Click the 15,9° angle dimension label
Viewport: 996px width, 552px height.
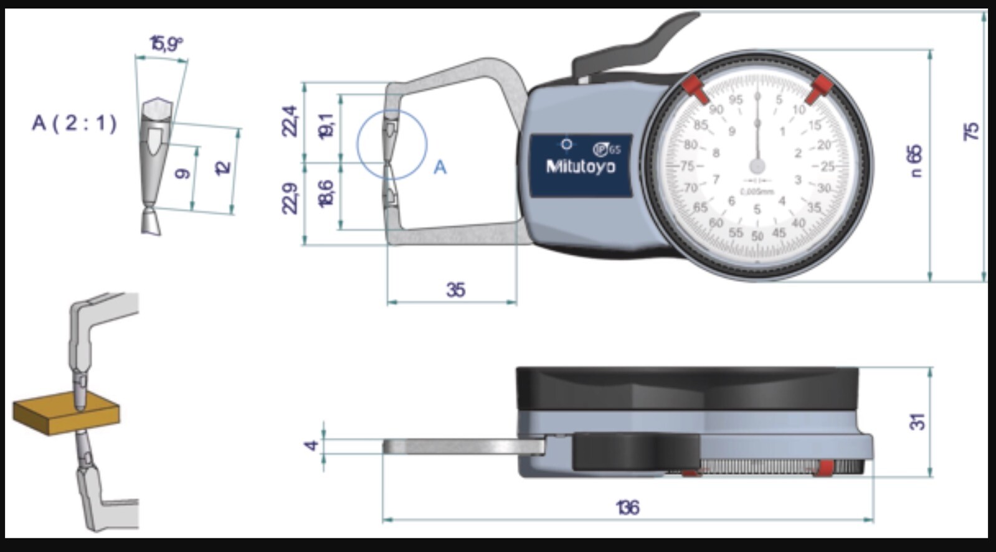pyautogui.click(x=166, y=44)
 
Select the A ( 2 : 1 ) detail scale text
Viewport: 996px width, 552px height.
pyautogui.click(x=74, y=123)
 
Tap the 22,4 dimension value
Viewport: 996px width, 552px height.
pyautogui.click(x=290, y=121)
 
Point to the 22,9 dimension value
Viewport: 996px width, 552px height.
pyautogui.click(x=290, y=198)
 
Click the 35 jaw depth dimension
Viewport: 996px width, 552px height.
pyautogui.click(x=455, y=289)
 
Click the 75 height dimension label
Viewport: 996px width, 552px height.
pyautogui.click(x=971, y=131)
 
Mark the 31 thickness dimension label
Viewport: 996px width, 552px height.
pyautogui.click(x=918, y=421)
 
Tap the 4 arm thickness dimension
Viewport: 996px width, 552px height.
pyautogui.click(x=312, y=445)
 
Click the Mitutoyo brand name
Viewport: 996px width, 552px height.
pyautogui.click(x=581, y=167)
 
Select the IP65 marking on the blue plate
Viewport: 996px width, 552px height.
pyautogui.click(x=607, y=149)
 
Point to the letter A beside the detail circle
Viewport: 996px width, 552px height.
pyautogui.click(x=440, y=167)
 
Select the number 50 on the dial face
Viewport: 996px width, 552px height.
pyautogui.click(x=757, y=236)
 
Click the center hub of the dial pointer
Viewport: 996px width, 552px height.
pyautogui.click(x=757, y=166)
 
